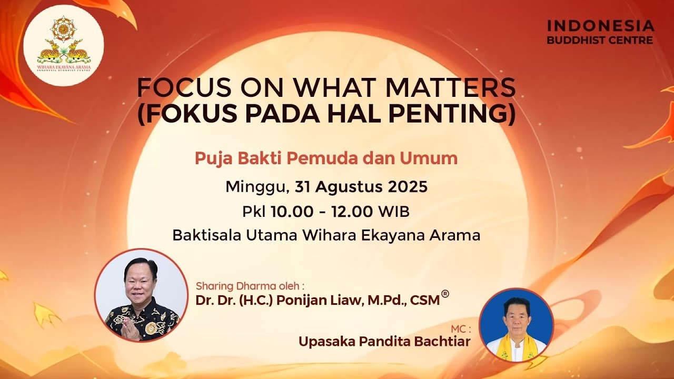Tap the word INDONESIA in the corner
coord(600,26)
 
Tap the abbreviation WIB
coord(393,211)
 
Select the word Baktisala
coord(206,235)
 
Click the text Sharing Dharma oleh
coord(250,286)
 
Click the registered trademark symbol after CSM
coord(445,294)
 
